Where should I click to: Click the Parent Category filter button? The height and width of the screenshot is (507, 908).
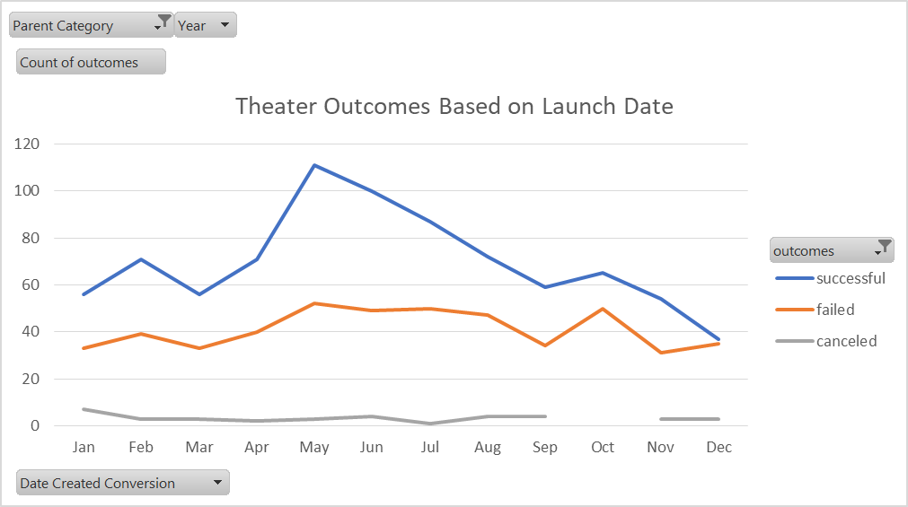click(x=91, y=26)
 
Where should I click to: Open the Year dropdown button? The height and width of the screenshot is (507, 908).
click(x=206, y=26)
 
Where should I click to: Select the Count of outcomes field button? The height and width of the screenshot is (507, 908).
click(x=91, y=62)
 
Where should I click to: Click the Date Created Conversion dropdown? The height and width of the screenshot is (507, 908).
click(x=123, y=483)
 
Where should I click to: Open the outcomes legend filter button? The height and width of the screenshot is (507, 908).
click(x=832, y=250)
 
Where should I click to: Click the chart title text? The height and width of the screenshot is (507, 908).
click(x=454, y=106)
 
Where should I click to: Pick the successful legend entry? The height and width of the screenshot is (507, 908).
click(x=850, y=278)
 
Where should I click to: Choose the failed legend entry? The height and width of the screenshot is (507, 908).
click(x=834, y=310)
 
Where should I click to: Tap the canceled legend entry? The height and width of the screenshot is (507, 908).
click(x=846, y=341)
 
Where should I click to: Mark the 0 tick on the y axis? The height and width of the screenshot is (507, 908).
click(x=35, y=425)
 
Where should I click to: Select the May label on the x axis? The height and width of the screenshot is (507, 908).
click(x=314, y=447)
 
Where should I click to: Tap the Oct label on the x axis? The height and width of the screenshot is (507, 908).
click(x=603, y=447)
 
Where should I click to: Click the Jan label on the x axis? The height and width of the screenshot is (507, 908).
click(x=84, y=447)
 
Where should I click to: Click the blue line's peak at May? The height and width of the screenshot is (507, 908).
click(x=314, y=165)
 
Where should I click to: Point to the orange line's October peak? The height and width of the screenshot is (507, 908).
click(x=603, y=309)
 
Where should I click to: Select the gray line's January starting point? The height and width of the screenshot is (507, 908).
click(x=84, y=409)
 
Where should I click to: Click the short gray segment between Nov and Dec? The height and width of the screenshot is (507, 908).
click(x=690, y=419)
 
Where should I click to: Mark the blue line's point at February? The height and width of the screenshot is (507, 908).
click(x=141, y=259)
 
